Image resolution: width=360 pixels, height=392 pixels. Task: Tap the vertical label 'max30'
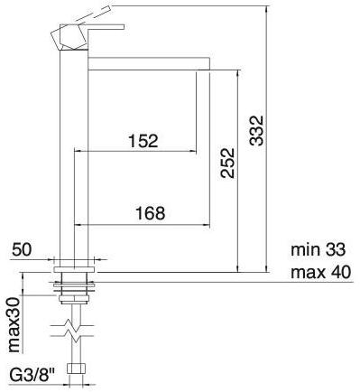click(15, 322)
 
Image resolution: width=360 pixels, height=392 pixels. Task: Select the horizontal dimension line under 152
click(135, 151)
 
